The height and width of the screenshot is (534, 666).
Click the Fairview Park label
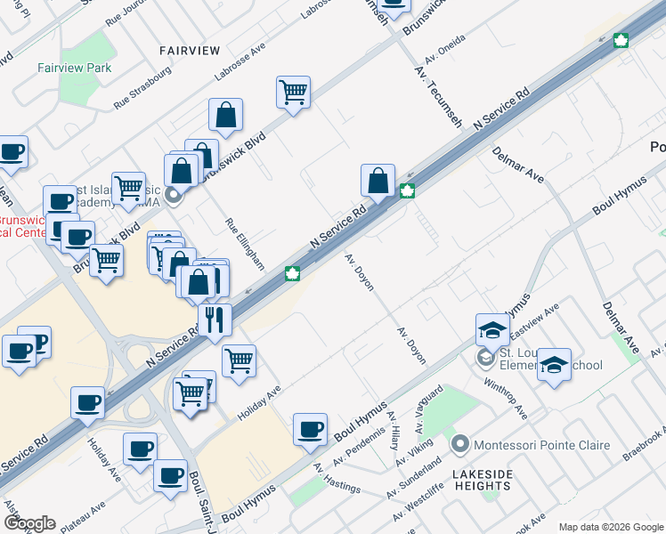click(x=75, y=68)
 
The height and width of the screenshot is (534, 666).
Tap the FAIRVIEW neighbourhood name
click(x=190, y=50)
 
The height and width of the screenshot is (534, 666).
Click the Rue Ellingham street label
click(x=245, y=244)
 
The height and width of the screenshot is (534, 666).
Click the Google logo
click(x=30, y=523)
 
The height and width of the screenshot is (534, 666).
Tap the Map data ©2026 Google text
click(x=610, y=527)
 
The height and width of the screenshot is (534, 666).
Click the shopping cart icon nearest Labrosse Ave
click(x=293, y=92)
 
